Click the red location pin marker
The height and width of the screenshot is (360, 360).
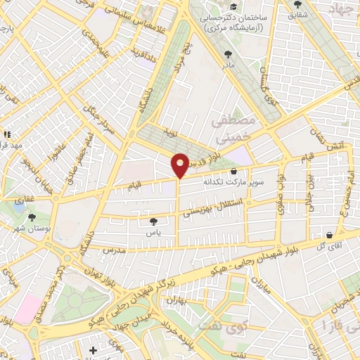(180, 165)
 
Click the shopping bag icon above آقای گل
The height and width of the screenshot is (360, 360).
(329, 234)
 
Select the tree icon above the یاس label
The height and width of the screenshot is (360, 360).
(154, 222)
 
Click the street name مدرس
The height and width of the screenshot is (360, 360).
(113, 250)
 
